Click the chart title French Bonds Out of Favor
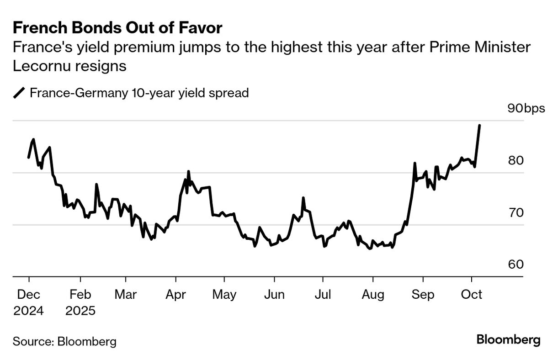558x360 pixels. click(117, 28)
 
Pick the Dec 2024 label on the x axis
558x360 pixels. click(28, 302)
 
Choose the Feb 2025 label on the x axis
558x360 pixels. click(80, 302)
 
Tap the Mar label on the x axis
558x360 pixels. click(125, 295)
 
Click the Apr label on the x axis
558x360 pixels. click(175, 295)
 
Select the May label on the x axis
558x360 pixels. click(224, 295)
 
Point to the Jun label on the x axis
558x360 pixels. click(274, 295)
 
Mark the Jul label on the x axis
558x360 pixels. click(323, 295)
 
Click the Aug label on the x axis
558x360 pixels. click(373, 295)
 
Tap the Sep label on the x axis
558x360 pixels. click(423, 295)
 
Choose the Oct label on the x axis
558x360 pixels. click(472, 295)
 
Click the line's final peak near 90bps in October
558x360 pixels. click(479, 125)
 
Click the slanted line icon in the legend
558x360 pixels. click(19, 93)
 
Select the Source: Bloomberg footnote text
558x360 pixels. click(64, 341)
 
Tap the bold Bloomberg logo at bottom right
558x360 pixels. click(508, 340)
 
